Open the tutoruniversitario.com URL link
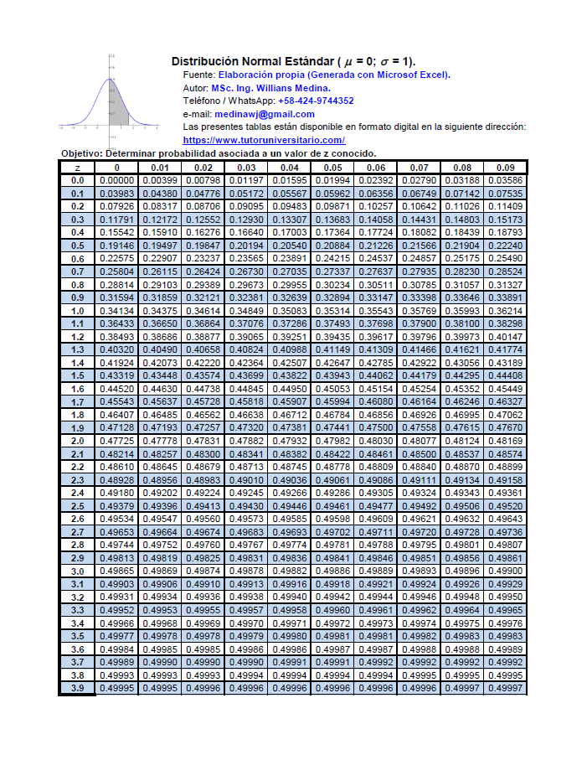click(x=264, y=140)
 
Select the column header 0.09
click(x=505, y=167)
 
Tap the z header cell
click(x=77, y=167)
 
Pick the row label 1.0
click(x=77, y=311)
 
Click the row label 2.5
click(x=77, y=506)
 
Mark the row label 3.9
click(x=77, y=688)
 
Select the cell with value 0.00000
click(x=117, y=180)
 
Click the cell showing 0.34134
click(x=117, y=311)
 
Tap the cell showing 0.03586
click(x=505, y=180)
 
